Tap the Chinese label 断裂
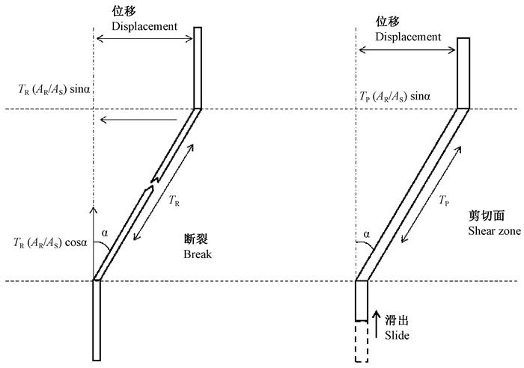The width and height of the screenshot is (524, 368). (196, 241)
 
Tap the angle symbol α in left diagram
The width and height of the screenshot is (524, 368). (105, 233)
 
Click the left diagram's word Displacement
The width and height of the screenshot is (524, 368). (144, 26)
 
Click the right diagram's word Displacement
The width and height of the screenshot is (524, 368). (408, 37)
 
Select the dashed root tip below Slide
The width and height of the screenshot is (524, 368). (362, 341)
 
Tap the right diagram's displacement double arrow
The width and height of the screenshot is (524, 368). (407, 51)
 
